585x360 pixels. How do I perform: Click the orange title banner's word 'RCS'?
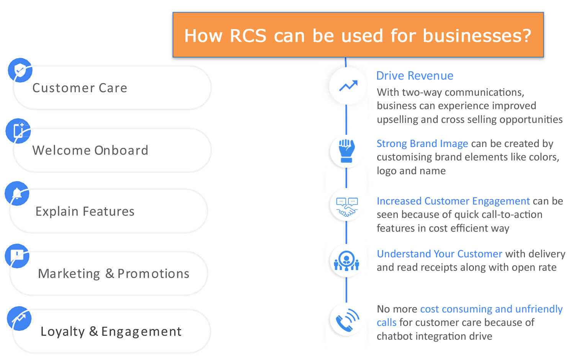(x=248, y=36)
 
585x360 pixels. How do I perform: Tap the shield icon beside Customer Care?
(x=20, y=70)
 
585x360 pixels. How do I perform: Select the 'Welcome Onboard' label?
(x=90, y=150)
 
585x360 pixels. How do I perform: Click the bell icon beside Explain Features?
(x=17, y=193)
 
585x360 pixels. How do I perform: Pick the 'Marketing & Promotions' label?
(x=114, y=273)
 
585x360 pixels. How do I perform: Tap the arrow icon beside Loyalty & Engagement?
(x=19, y=319)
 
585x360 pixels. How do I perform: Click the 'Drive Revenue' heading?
(x=415, y=75)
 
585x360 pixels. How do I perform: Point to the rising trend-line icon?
(x=348, y=86)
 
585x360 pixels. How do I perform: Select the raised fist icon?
(x=346, y=151)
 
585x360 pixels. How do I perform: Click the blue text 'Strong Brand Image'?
(x=422, y=143)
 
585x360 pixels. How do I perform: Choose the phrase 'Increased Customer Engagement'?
(x=453, y=201)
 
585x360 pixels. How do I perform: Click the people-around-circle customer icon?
(x=346, y=260)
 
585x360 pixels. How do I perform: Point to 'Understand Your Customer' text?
(x=440, y=254)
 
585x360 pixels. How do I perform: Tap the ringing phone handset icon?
(x=347, y=320)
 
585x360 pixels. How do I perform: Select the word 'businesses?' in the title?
(x=477, y=36)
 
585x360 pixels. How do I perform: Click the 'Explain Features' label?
(x=85, y=211)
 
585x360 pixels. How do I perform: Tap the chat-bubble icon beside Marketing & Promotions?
(x=17, y=256)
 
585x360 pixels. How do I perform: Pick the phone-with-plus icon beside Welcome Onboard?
(x=18, y=131)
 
